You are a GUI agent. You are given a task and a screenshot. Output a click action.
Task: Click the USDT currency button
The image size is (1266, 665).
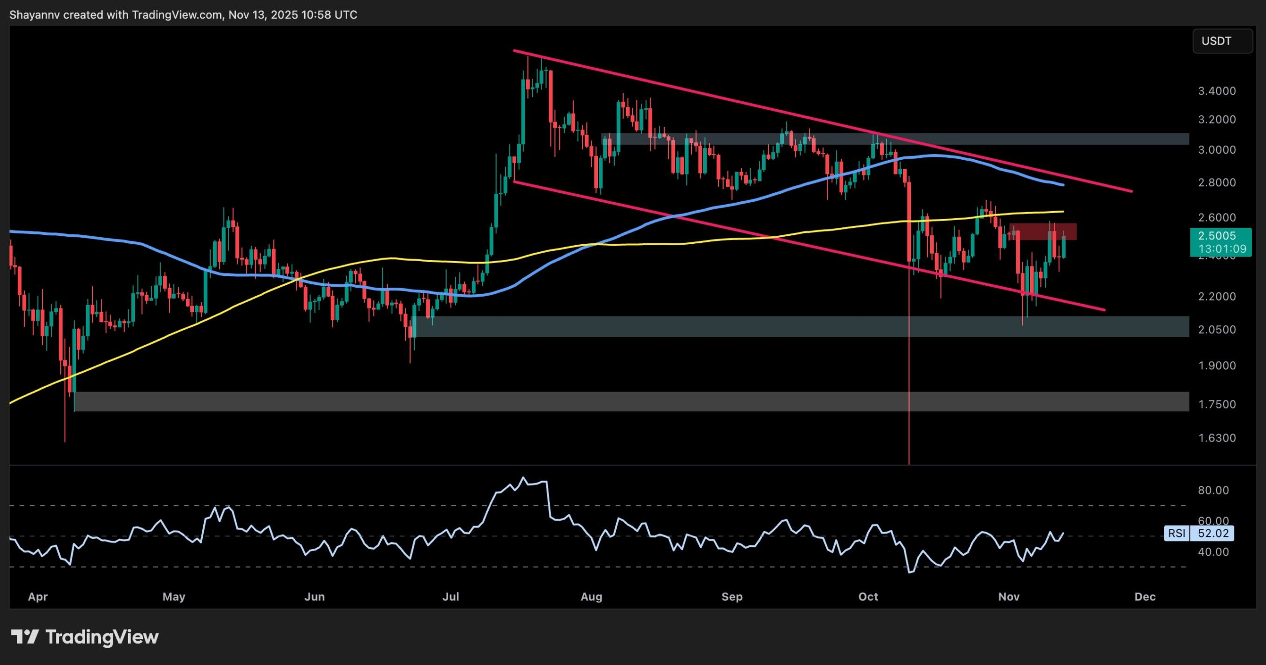1222,41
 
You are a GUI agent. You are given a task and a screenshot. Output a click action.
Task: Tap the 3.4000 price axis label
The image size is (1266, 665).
1217,91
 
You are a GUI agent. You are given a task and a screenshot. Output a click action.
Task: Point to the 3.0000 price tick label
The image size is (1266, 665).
1217,150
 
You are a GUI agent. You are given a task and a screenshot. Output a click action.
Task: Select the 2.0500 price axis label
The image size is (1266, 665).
1217,329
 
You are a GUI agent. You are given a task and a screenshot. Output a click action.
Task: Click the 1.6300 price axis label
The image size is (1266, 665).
1217,438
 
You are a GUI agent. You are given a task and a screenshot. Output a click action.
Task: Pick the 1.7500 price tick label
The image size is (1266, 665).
1217,404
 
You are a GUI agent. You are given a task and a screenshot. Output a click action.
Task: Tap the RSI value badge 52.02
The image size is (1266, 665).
1213,533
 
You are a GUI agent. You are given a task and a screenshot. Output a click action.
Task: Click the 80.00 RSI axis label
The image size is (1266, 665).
1213,490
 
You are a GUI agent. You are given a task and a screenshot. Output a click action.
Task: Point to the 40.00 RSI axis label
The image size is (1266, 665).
1213,551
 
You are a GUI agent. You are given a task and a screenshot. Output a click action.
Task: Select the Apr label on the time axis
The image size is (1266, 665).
38,596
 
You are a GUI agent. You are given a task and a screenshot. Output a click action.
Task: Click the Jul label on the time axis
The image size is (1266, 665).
451,596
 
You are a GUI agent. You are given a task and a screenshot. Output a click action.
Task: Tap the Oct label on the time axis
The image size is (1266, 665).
868,596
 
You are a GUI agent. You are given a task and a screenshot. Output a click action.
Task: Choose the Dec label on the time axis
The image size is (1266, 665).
1144,596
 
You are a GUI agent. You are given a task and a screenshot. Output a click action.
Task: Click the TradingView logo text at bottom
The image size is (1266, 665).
101,637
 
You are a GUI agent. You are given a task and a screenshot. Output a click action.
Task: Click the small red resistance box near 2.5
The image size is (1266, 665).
1043,231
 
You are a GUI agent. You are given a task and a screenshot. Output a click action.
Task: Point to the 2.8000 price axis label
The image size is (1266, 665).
1217,182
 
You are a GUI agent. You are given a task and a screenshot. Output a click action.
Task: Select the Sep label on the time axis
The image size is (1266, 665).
732,596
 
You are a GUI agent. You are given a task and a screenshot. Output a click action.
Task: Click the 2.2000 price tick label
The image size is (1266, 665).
1217,296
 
